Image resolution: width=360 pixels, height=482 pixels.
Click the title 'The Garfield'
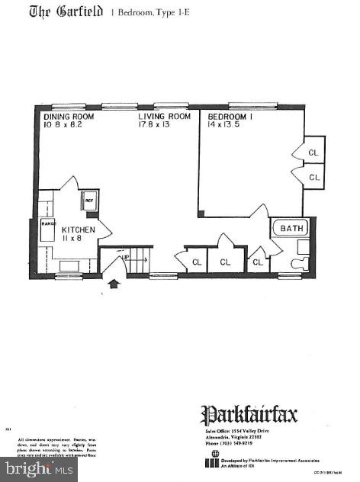pos(66,13)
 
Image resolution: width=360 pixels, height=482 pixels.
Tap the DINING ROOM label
pos(69,117)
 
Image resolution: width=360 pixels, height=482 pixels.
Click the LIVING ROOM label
pos(163,117)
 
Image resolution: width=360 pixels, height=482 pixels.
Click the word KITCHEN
pos(79,230)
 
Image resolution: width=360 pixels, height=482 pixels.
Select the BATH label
pos(291,228)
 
